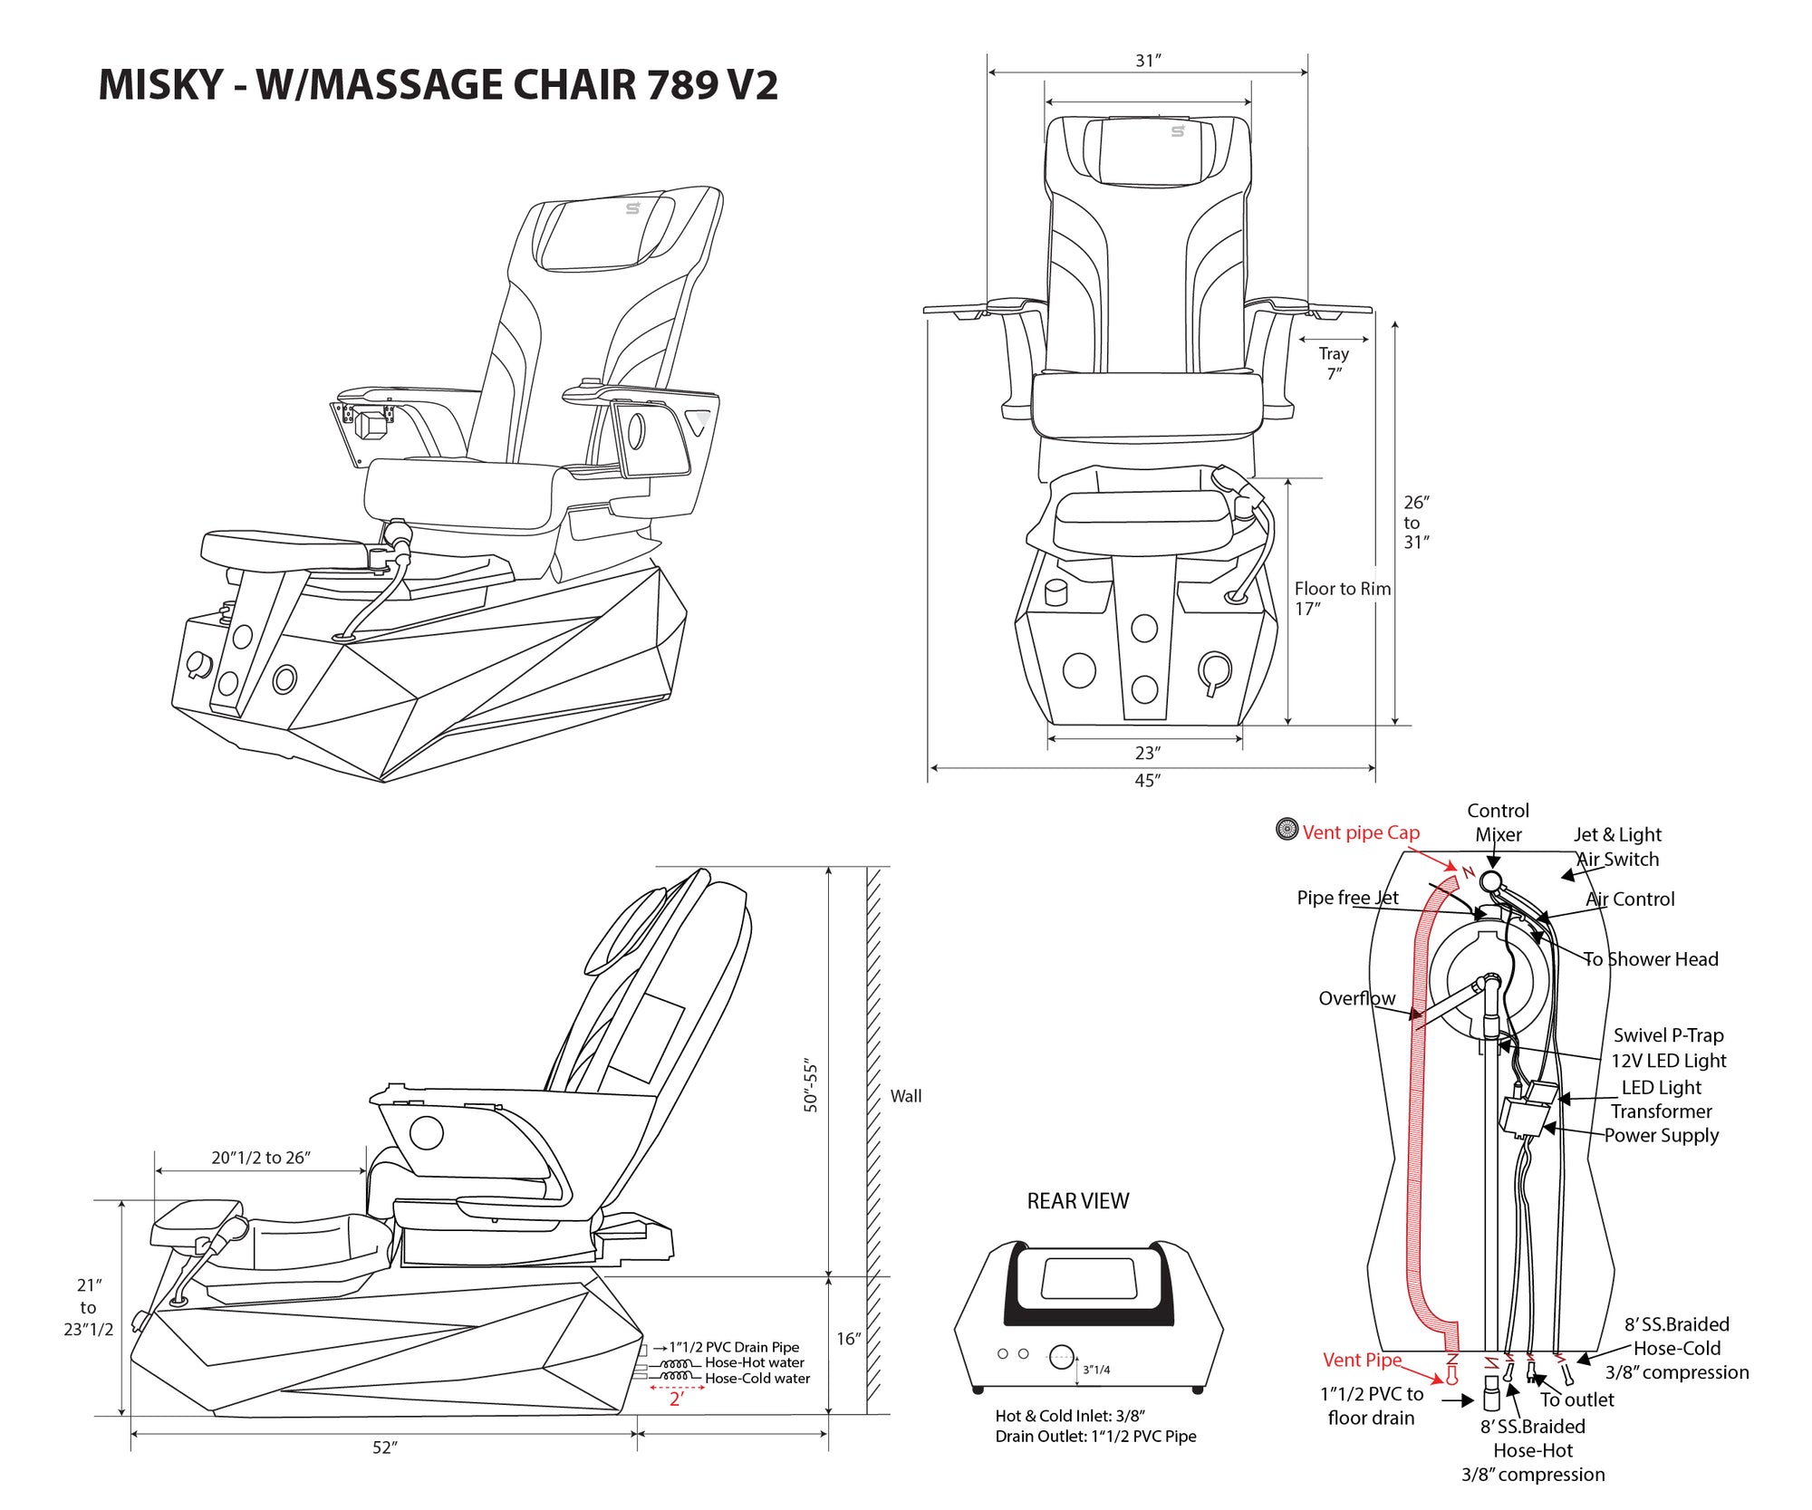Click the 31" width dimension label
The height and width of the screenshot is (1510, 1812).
pyautogui.click(x=1147, y=61)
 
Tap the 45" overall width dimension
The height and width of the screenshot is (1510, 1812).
pyautogui.click(x=1147, y=780)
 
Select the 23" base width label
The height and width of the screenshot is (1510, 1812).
pyautogui.click(x=1147, y=753)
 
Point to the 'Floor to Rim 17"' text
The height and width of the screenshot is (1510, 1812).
pyautogui.click(x=1341, y=598)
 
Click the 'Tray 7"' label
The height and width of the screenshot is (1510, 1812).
pyautogui.click(x=1334, y=362)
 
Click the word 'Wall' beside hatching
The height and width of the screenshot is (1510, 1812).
pyautogui.click(x=905, y=1096)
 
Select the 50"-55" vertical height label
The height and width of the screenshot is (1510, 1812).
pyautogui.click(x=811, y=1087)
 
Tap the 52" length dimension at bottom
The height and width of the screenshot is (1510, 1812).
pyautogui.click(x=385, y=1447)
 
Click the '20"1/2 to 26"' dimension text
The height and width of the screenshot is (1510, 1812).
pyautogui.click(x=261, y=1158)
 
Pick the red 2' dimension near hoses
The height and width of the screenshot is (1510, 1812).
pyautogui.click(x=676, y=1399)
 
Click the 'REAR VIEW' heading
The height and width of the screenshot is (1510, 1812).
pyautogui.click(x=1077, y=1201)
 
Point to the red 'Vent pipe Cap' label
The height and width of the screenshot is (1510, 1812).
pyautogui.click(x=1361, y=832)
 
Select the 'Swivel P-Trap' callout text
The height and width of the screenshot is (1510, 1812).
pyautogui.click(x=1668, y=1035)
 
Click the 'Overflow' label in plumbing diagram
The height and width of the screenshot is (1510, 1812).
pyautogui.click(x=1356, y=998)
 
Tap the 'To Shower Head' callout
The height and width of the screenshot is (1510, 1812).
pyautogui.click(x=1651, y=959)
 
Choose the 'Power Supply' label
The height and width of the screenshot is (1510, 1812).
pyautogui.click(x=1661, y=1135)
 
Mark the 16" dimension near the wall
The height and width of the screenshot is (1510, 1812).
pyautogui.click(x=848, y=1339)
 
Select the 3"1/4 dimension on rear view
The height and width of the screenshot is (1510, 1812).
pyautogui.click(x=1096, y=1370)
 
